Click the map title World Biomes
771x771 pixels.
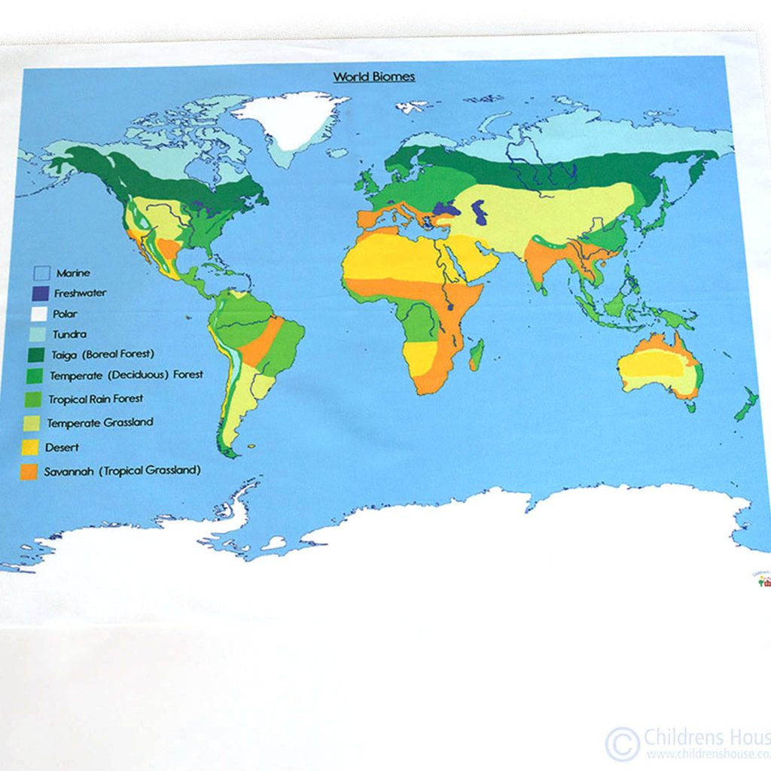pyautogui.click(x=374, y=77)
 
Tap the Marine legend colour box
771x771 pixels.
pyautogui.click(x=43, y=273)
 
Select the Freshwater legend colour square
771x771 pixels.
pyautogui.click(x=41, y=293)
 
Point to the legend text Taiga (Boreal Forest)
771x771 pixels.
pyautogui.click(x=103, y=354)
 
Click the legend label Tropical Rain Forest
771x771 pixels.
pyautogui.click(x=96, y=398)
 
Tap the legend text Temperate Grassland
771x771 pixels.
pyautogui.click(x=100, y=422)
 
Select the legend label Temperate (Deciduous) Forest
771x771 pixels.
pyautogui.click(x=126, y=374)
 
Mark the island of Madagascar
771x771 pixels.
pyautogui.click(x=476, y=354)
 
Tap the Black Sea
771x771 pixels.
pyautogui.click(x=443, y=209)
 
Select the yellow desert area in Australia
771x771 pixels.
pyautogui.click(x=654, y=366)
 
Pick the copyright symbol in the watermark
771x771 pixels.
pyautogui.click(x=622, y=743)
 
